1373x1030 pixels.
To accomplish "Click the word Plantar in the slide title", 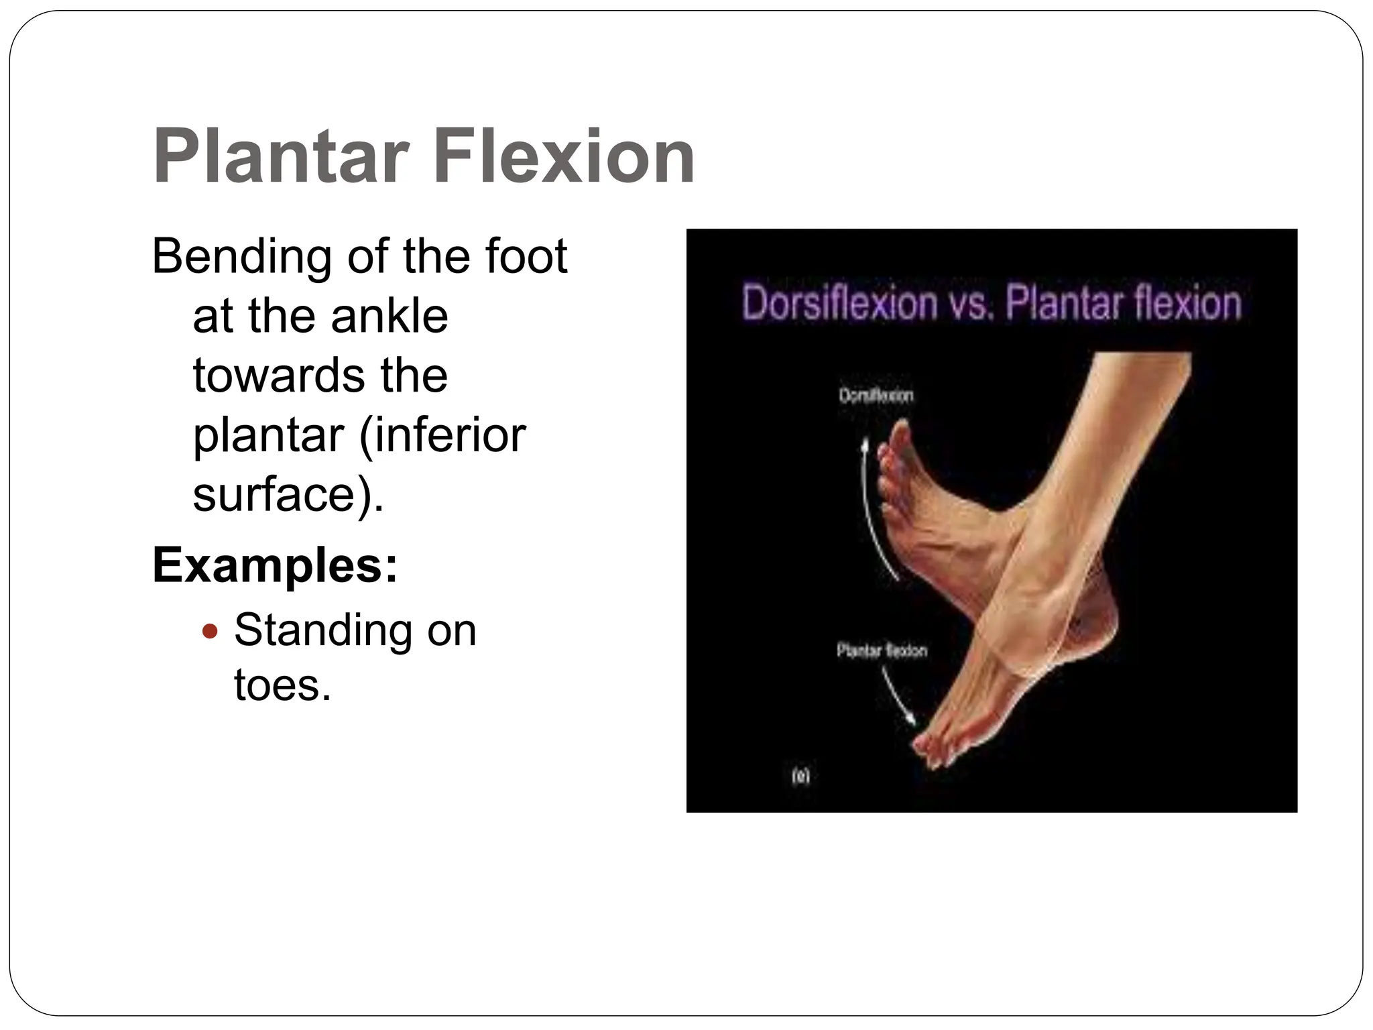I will pyautogui.click(x=281, y=158).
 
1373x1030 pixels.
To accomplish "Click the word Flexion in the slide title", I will pyautogui.click(x=564, y=158).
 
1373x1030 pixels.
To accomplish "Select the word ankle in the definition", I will pyautogui.click(x=389, y=317).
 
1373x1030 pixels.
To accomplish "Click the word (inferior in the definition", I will pyautogui.click(x=442, y=436).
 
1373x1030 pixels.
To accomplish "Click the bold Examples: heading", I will pyautogui.click(x=275, y=565).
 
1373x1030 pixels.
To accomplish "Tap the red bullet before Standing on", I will pyautogui.click(x=211, y=631).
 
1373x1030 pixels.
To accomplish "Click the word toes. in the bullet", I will pyautogui.click(x=282, y=686).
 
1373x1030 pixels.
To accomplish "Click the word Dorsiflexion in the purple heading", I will pyautogui.click(x=839, y=303).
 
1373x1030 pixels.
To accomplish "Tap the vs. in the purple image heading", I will pyautogui.click(x=970, y=303).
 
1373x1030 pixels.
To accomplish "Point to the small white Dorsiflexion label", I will pyautogui.click(x=876, y=396).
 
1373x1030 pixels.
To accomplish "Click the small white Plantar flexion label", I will pyautogui.click(x=882, y=650).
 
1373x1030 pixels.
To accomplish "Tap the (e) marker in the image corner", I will pyautogui.click(x=800, y=777).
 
